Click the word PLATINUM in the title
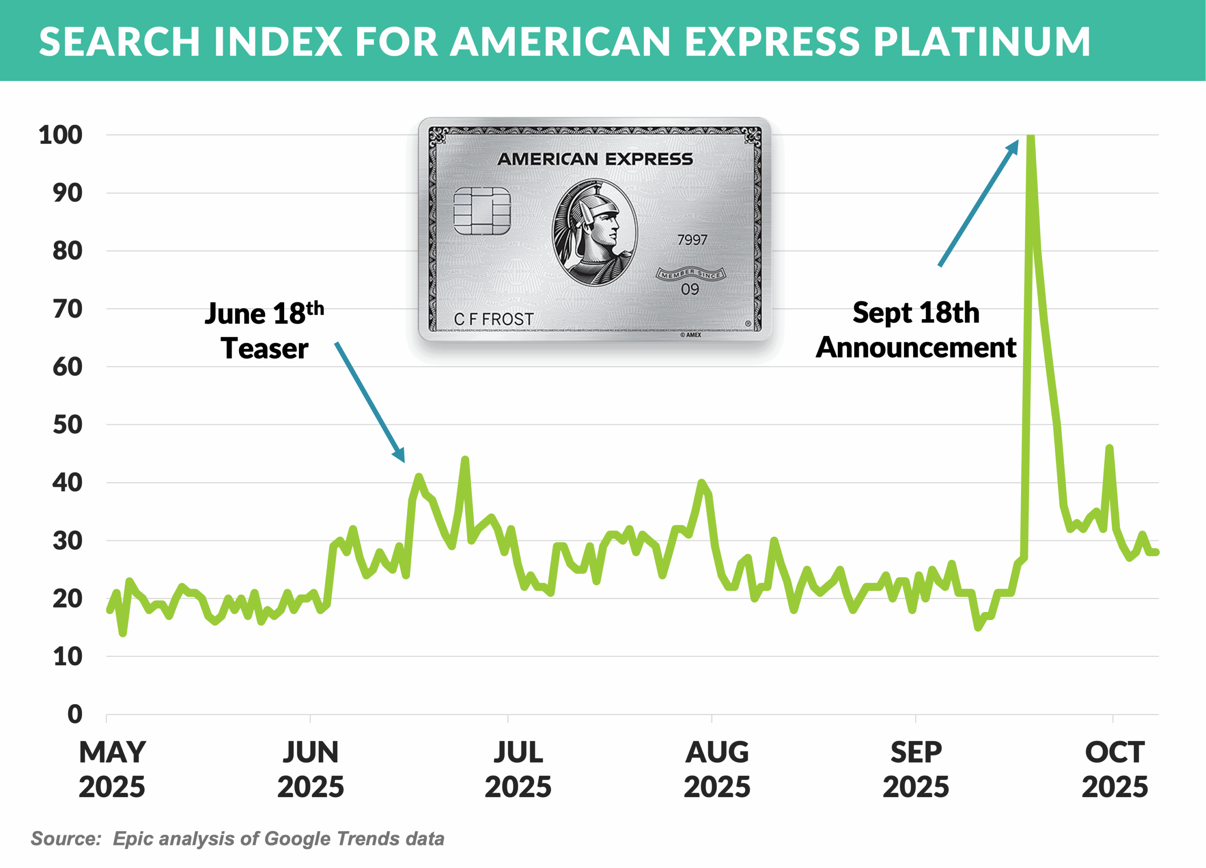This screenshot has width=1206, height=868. (982, 41)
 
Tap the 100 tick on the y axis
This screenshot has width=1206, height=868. (61, 135)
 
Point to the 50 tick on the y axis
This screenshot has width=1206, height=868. (67, 425)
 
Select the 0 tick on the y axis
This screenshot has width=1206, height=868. (75, 714)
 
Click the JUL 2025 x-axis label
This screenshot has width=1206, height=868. (518, 770)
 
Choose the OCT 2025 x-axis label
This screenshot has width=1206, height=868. (1114, 770)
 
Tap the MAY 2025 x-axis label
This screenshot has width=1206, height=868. (112, 770)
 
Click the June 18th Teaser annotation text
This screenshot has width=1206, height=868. (264, 331)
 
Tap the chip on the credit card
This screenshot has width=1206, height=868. (482, 211)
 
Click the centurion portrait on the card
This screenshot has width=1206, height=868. (595, 232)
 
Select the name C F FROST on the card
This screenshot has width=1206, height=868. (493, 319)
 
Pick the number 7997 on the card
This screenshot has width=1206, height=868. (692, 240)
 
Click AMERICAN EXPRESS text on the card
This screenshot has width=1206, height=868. (595, 159)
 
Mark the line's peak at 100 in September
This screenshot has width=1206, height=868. (1031, 137)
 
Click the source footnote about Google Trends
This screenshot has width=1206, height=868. (237, 839)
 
